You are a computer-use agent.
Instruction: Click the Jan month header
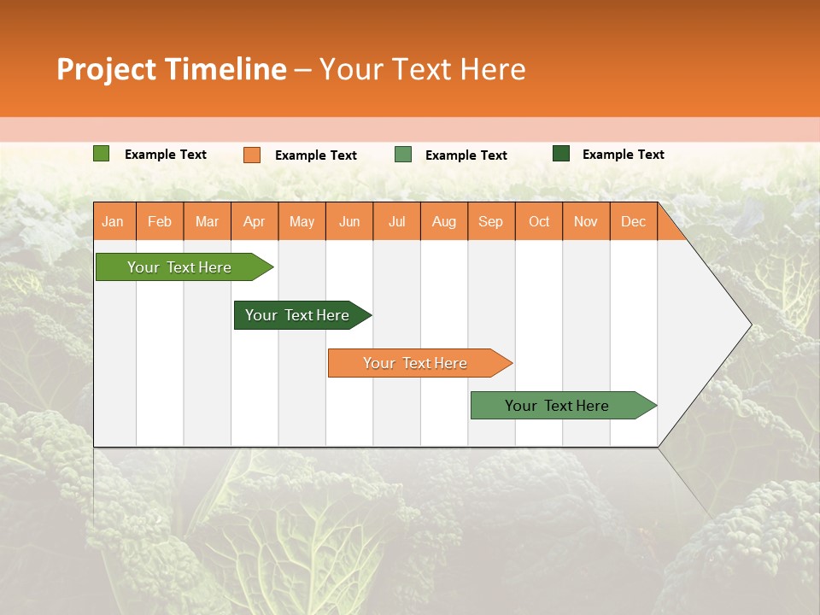coord(113,221)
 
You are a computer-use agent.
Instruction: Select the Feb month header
coord(160,221)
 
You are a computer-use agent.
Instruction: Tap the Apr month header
coord(254,221)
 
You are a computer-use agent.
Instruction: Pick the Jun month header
coord(349,221)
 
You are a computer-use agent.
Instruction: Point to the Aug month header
coord(443,221)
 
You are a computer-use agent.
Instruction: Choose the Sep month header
coord(490,221)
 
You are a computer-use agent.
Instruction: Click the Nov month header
coord(585,221)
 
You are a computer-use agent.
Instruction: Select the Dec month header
coord(633,221)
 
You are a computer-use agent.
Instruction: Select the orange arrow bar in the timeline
coord(416,363)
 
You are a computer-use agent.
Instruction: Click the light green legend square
coord(101,154)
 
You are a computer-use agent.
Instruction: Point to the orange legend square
coord(251,155)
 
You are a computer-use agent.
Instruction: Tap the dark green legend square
coord(561,154)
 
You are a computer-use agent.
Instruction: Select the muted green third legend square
coord(402,155)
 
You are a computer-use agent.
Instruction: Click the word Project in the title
coord(107,69)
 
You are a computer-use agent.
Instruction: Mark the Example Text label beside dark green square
coord(623,155)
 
